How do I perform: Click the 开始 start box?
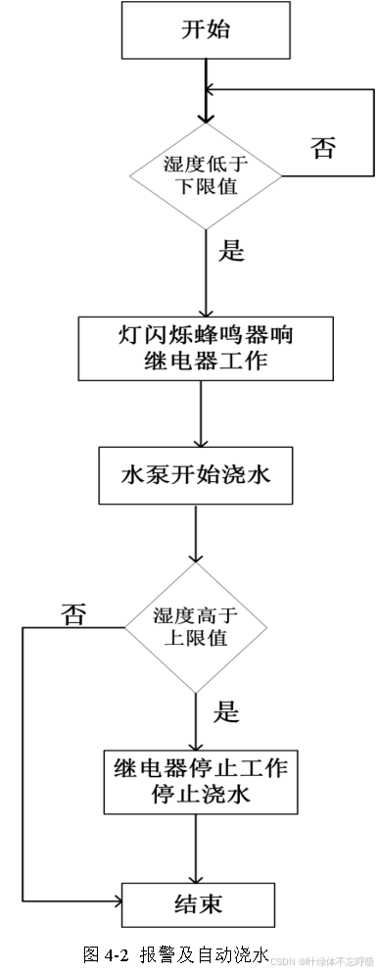click(x=205, y=29)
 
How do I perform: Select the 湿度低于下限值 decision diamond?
click(x=205, y=175)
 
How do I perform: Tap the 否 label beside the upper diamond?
click(x=324, y=148)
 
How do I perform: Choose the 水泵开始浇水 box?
click(x=195, y=475)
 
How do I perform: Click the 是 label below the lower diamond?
click(x=226, y=711)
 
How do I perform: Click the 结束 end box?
click(x=199, y=900)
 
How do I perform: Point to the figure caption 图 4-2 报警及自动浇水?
click(x=174, y=954)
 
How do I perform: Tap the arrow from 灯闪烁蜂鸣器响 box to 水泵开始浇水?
click(x=200, y=414)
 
